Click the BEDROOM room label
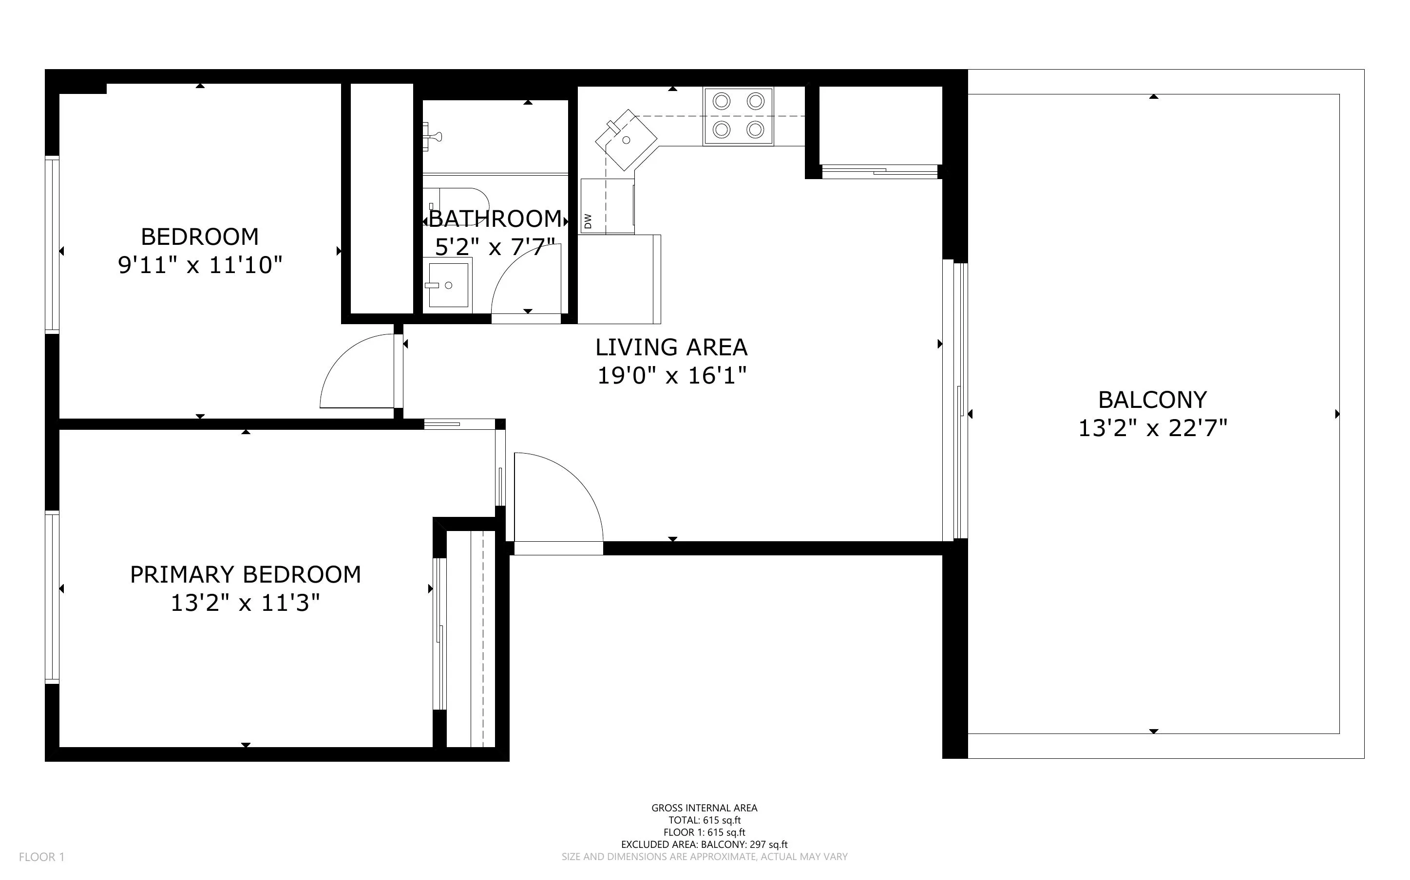point(200,237)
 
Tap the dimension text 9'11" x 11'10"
point(200,265)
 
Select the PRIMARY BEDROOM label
point(245,575)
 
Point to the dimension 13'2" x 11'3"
point(245,604)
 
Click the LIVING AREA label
point(671,348)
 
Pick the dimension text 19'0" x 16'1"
point(671,376)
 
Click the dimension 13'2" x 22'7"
point(1153,429)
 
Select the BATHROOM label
point(495,219)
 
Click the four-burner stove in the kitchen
point(738,116)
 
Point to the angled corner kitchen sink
point(626,140)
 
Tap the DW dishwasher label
point(588,221)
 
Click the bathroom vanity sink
point(448,285)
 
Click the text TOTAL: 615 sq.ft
point(704,821)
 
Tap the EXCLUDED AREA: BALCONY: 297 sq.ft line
point(704,844)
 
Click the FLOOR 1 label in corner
point(41,857)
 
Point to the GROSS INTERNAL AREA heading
point(704,808)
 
